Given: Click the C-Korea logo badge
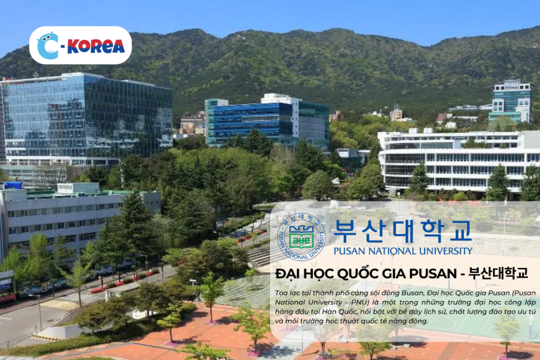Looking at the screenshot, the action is click(x=80, y=45).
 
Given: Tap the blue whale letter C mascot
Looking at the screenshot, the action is click(x=48, y=46).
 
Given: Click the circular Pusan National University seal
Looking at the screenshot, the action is click(x=302, y=237).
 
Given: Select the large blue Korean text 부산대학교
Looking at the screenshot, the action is click(x=403, y=231).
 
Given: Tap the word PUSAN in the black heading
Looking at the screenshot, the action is click(x=432, y=274).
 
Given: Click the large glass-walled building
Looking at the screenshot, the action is click(x=86, y=119).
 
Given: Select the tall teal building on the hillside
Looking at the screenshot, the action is click(x=510, y=102).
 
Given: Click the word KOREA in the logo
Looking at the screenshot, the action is click(x=96, y=46).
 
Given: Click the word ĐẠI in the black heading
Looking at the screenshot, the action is click(x=288, y=274).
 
